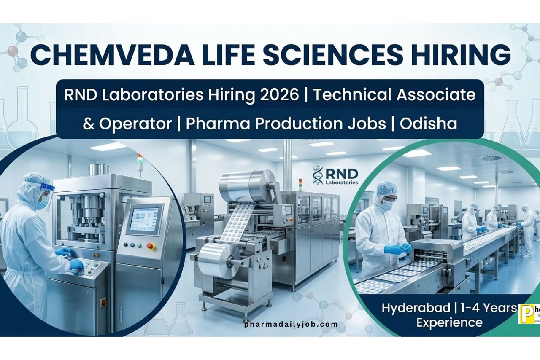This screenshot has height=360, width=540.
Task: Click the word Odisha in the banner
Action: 429,124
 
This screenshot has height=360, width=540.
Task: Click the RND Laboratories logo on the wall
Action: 335,176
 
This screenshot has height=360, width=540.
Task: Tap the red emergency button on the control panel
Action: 150,246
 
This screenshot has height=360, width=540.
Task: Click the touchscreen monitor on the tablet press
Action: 144,219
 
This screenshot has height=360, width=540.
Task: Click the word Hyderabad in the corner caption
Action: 416,308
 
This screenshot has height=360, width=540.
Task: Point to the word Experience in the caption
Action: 449,322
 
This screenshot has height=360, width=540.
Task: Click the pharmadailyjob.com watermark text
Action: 291,324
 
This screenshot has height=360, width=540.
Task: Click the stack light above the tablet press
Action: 139,163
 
